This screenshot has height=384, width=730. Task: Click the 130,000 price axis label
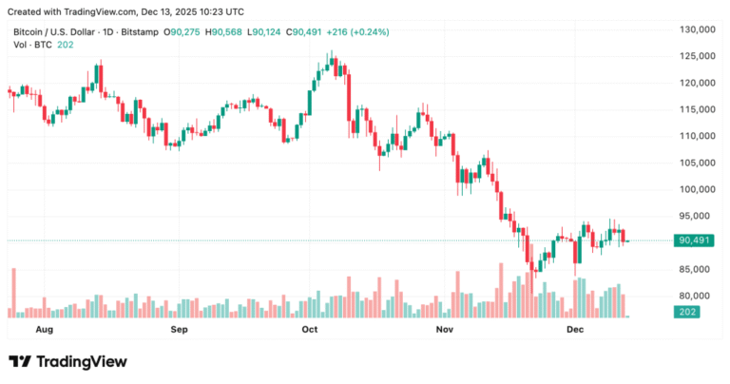point(694,29)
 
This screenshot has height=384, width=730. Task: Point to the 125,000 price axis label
point(694,56)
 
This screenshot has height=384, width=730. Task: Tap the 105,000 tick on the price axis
point(694,163)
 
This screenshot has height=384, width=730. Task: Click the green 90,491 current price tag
point(694,241)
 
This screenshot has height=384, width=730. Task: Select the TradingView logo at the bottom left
point(67,361)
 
